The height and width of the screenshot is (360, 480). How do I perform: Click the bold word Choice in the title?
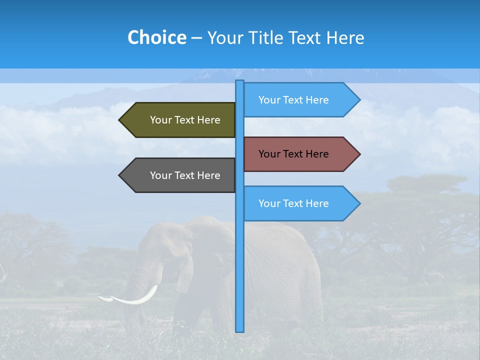pyautogui.click(x=156, y=37)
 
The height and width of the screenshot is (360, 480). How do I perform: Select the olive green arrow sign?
pyautogui.click(x=177, y=120)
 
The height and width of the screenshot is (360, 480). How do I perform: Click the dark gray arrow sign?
pyautogui.click(x=177, y=175)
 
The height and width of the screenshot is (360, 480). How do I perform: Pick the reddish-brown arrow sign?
pyautogui.click(x=300, y=154)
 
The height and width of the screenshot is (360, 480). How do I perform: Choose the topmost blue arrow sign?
pyautogui.click(x=300, y=100)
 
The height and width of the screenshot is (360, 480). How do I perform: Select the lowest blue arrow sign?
pyautogui.click(x=300, y=203)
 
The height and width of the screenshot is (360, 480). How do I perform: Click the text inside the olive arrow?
pyautogui.click(x=185, y=120)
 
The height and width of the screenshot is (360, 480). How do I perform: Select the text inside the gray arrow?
pyautogui.click(x=185, y=175)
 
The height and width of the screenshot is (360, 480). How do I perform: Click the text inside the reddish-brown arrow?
pyautogui.click(x=293, y=154)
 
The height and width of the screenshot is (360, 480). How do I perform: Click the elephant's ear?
pyautogui.click(x=185, y=272)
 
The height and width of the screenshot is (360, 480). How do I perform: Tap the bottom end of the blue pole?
pyautogui.click(x=239, y=330)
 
